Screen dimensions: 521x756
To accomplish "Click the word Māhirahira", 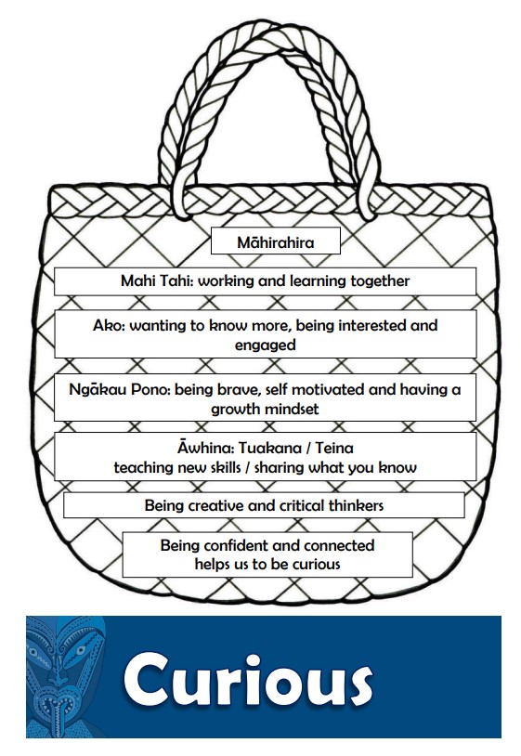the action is pyautogui.click(x=275, y=242).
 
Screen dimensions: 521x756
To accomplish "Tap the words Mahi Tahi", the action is pyautogui.click(x=157, y=280).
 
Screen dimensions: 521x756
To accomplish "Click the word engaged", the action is pyautogui.click(x=265, y=345).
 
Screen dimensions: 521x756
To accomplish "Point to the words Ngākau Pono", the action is pyautogui.click(x=120, y=389).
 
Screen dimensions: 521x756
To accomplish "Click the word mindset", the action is pyautogui.click(x=291, y=409).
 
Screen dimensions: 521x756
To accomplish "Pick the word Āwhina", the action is pyautogui.click(x=205, y=448).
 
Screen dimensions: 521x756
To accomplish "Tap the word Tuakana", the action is pyautogui.click(x=270, y=448).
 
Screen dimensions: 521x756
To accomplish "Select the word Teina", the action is pyautogui.click(x=334, y=448).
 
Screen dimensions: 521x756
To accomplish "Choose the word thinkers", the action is pyautogui.click(x=356, y=505).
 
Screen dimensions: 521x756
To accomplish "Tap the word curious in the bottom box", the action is pyautogui.click(x=316, y=564).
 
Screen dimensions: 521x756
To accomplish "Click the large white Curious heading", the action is pyautogui.click(x=248, y=680).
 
